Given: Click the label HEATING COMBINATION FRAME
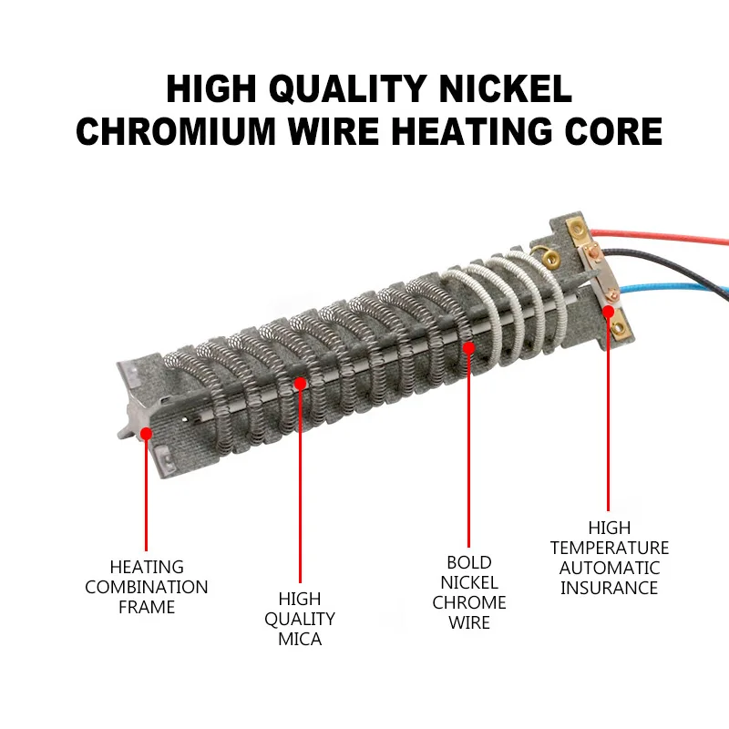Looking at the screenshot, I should [147, 587].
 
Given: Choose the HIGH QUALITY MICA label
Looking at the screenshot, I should [301, 619].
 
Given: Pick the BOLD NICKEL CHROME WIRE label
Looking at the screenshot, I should [469, 592].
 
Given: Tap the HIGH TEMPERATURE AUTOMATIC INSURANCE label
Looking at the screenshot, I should [609, 558].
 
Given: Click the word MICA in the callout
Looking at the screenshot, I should [301, 639].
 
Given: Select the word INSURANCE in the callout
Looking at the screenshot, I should [609, 588].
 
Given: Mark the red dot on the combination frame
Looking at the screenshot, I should [146, 431].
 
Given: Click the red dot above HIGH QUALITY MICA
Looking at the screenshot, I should [300, 385].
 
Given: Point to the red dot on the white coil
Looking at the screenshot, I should [469, 347].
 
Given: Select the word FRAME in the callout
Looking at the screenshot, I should [147, 607].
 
